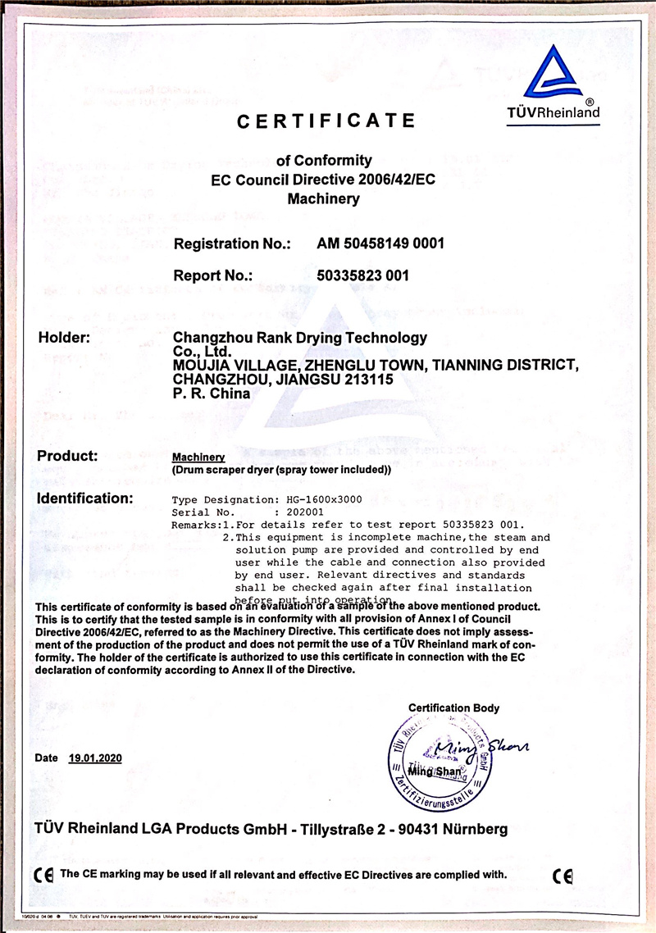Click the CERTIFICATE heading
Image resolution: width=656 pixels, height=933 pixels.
point(326,121)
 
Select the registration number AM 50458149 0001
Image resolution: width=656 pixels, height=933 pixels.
point(380,243)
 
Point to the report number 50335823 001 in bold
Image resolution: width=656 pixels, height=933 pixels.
point(362,276)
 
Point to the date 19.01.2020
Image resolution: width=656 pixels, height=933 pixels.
point(95,758)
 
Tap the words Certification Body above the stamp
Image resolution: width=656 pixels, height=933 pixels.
point(453,708)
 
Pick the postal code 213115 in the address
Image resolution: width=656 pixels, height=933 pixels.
point(371,380)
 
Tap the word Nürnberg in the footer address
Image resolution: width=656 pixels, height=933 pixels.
point(467,829)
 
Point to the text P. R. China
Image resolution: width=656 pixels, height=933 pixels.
point(212,393)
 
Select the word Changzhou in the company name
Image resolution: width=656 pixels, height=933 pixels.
point(214,338)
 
